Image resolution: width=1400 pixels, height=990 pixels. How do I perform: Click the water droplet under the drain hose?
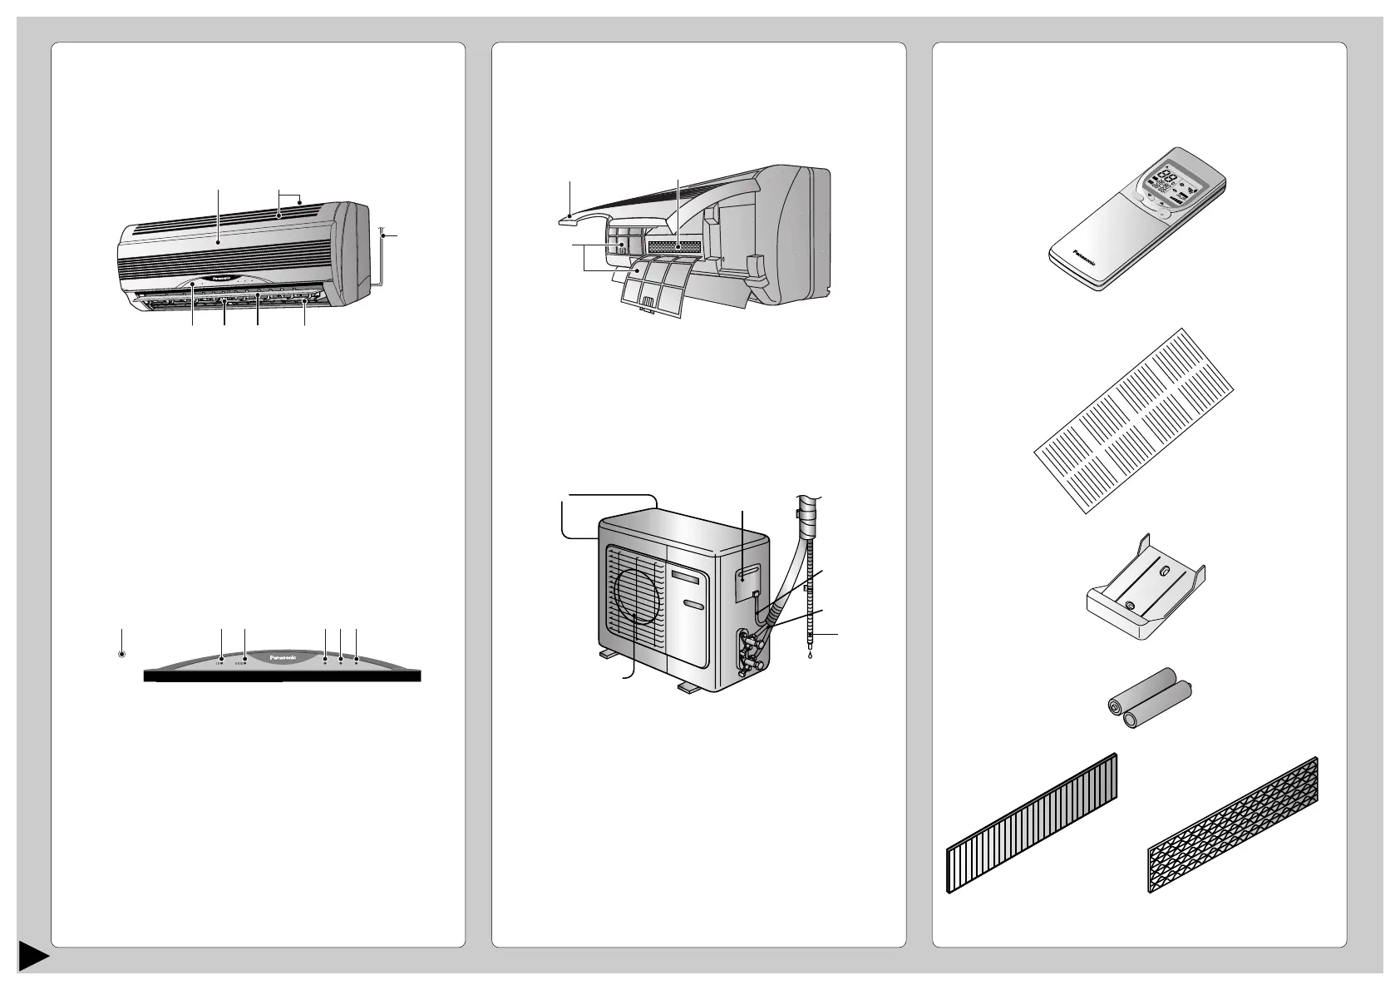pos(809,655)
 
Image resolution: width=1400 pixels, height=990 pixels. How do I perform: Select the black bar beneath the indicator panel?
pos(283,676)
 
